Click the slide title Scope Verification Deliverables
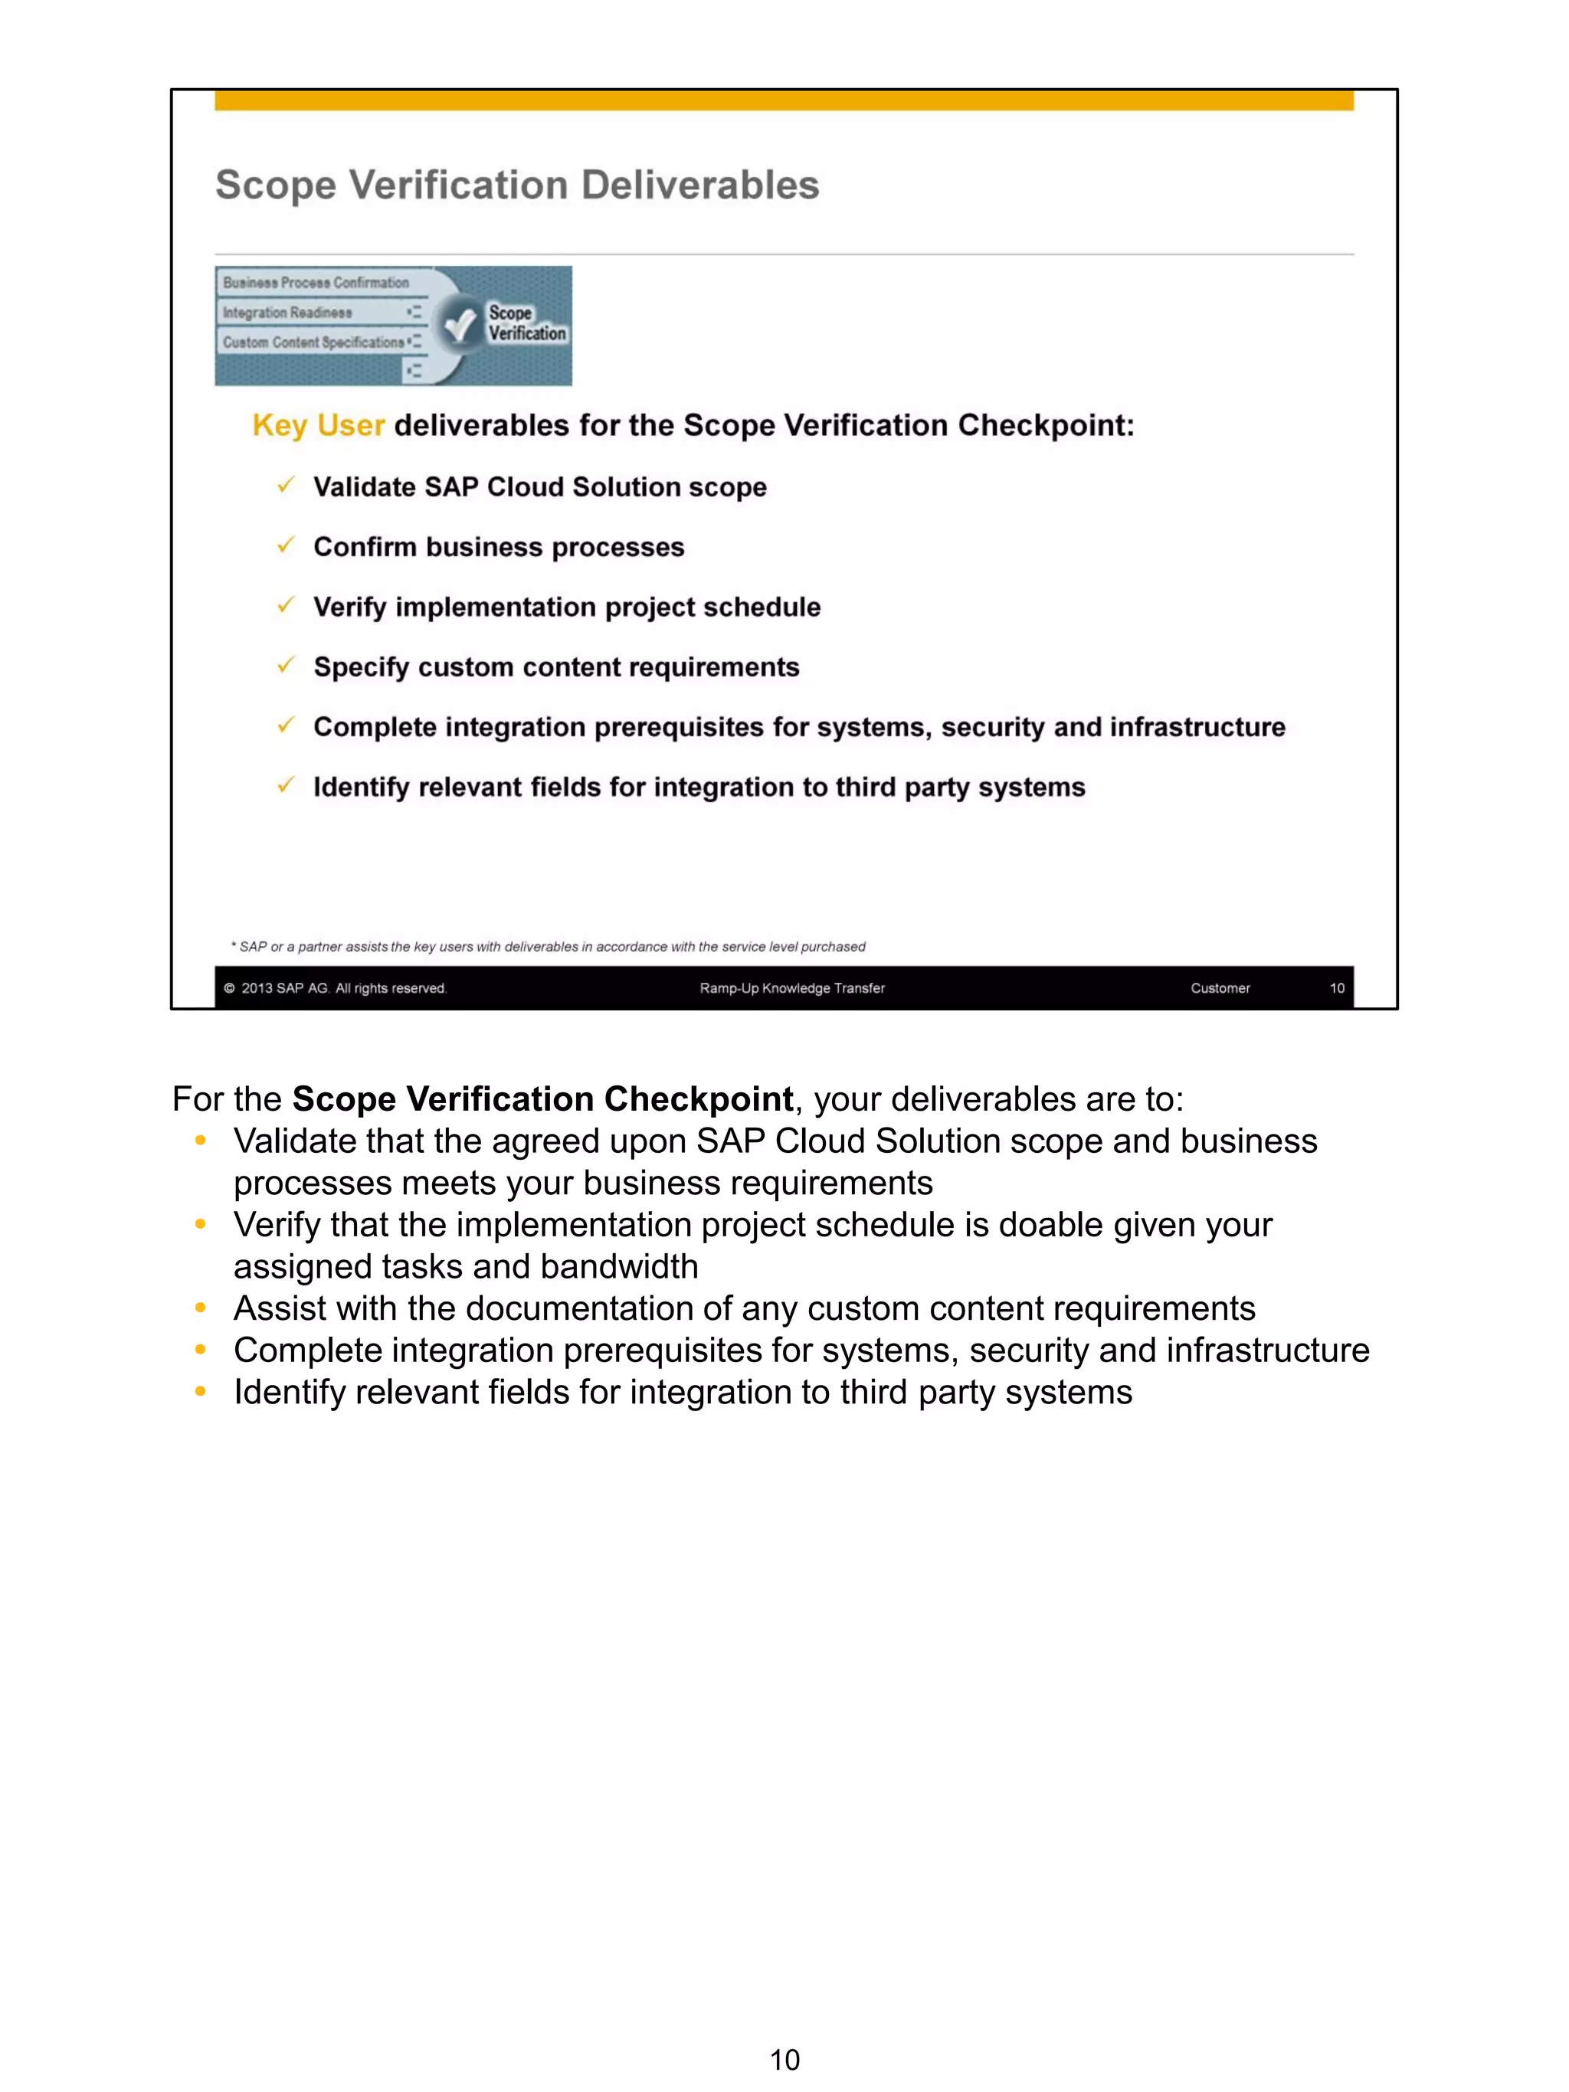tap(516, 185)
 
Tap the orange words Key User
tap(318, 426)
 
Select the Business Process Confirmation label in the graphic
tap(316, 282)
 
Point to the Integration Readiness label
tap(287, 312)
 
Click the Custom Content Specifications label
tap(313, 342)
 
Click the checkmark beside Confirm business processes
tap(286, 545)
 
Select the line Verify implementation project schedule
tap(566, 607)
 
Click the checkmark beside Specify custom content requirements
tap(286, 666)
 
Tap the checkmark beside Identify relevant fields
tap(286, 786)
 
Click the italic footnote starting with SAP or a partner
tap(548, 947)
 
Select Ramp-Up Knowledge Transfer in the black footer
tap(791, 988)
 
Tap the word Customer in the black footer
tap(1220, 988)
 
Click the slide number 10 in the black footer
tap(1336, 988)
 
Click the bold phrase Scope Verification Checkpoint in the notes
tap(542, 1099)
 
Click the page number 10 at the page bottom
tap(784, 2059)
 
